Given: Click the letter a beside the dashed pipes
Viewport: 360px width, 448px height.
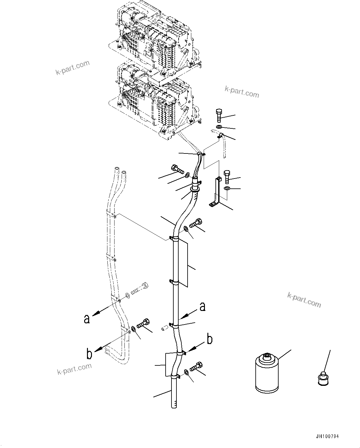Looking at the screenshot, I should coord(87,319).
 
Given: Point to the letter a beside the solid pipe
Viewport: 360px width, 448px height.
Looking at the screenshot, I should coord(202,307).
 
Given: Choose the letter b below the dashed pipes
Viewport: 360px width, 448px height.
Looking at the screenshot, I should coord(89,354).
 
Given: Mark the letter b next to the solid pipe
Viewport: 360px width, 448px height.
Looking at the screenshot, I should coord(210,339).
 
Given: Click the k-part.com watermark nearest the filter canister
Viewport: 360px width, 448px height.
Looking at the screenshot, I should coord(304,299).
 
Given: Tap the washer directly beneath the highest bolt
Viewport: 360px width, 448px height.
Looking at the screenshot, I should coord(219,127).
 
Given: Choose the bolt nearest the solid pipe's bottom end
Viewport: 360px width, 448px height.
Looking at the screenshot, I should coord(195,367).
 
